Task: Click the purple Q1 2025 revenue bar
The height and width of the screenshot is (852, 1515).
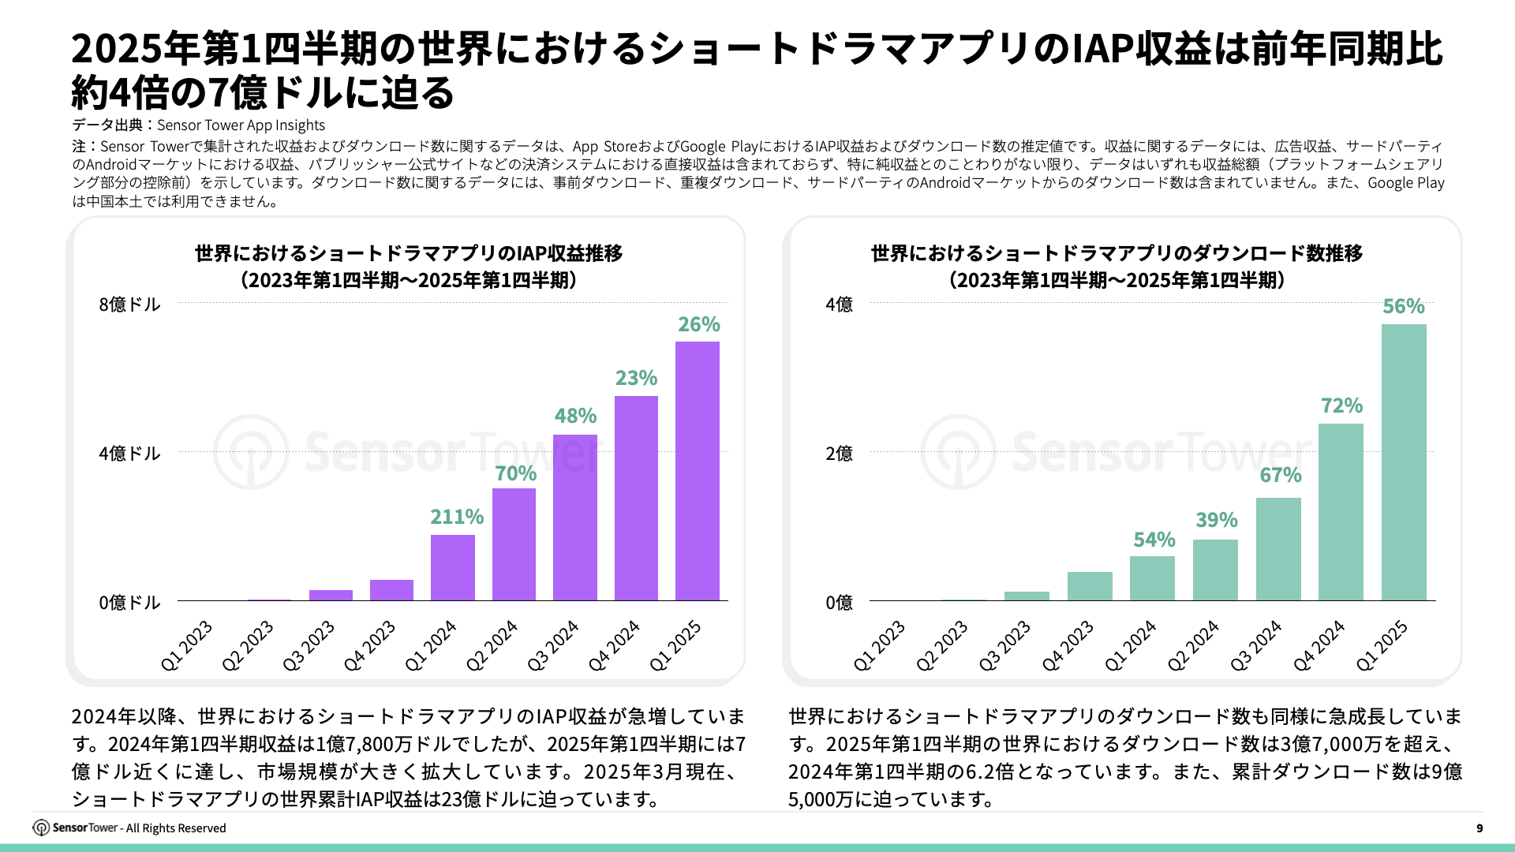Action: point(698,471)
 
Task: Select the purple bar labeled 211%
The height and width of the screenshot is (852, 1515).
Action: point(453,567)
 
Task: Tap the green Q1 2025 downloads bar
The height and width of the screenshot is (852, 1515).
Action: point(1404,462)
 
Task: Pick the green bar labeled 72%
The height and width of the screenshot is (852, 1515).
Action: point(1341,512)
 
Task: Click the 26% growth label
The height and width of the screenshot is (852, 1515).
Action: point(699,324)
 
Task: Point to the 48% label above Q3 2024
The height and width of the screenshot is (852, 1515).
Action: point(575,416)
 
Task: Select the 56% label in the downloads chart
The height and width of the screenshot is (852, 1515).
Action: point(1404,306)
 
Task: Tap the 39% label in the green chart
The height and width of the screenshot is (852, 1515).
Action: point(1216,520)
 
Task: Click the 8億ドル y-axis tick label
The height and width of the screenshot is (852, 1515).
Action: point(129,305)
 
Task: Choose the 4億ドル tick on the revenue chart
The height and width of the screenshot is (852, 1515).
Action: point(129,454)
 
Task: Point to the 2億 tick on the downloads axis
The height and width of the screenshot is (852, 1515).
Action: point(839,454)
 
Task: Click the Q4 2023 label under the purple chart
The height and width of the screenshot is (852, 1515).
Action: point(369,645)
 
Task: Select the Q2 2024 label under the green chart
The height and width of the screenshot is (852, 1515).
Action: point(1193,645)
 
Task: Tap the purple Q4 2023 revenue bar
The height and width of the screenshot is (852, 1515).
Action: point(391,590)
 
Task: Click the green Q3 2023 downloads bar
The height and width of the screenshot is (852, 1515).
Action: point(1027,596)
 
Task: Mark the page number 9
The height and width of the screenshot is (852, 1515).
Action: point(1479,828)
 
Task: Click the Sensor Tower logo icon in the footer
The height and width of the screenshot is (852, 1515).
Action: point(41,828)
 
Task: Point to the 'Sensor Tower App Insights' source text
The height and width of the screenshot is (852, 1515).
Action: point(241,125)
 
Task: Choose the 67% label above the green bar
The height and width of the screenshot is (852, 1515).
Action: point(1280,475)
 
